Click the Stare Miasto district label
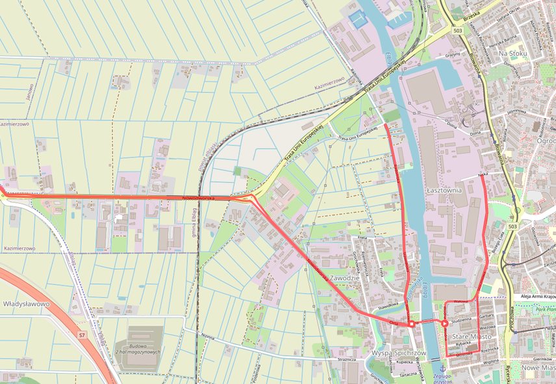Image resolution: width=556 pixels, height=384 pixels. coord(472,336)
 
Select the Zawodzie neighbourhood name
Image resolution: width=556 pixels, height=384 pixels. coord(344,278)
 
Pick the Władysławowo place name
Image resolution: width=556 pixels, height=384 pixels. coord(26,303)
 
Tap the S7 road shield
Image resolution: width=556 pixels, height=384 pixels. coord(82,335)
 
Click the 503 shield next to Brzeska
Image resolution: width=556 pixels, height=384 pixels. coord(458,31)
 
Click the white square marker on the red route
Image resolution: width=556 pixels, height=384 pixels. coord(411,323)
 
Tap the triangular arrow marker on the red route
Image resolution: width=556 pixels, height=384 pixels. coord(444,323)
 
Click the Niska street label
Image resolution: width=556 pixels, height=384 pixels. coord(483,174)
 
